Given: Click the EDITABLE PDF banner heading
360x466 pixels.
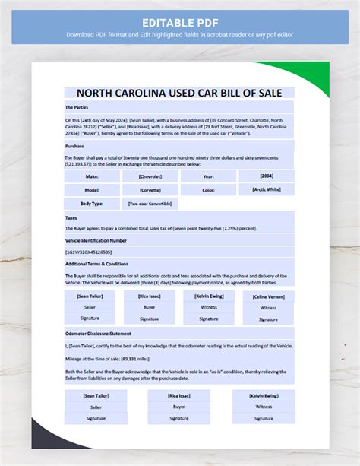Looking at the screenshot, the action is point(179,19).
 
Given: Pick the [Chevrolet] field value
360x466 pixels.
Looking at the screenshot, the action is point(150,176).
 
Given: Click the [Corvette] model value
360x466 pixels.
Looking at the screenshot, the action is point(150,189).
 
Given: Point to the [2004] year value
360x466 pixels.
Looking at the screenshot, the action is point(268,175).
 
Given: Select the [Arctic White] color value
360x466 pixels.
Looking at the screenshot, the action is point(268,189).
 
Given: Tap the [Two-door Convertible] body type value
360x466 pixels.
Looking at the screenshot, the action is point(150,204).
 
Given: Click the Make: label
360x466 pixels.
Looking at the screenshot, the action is point(93,176).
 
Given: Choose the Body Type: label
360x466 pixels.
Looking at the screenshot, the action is point(93,204).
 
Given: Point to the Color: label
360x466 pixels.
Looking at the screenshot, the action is point(209,189).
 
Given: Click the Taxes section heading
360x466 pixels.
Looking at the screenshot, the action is point(71,218).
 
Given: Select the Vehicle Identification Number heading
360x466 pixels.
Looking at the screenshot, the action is point(101,240).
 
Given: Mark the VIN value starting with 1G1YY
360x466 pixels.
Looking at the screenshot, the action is point(89,251).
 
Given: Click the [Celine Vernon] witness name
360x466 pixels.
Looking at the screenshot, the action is point(268,296).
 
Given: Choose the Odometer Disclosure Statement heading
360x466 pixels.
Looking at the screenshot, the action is point(99,333).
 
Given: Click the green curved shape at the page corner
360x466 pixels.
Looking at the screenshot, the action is point(311,77).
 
